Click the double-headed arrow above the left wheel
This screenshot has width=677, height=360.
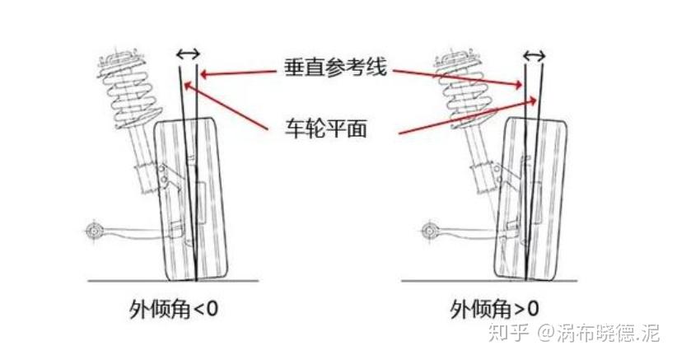click(188, 54)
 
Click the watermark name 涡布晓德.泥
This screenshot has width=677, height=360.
click(609, 333)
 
